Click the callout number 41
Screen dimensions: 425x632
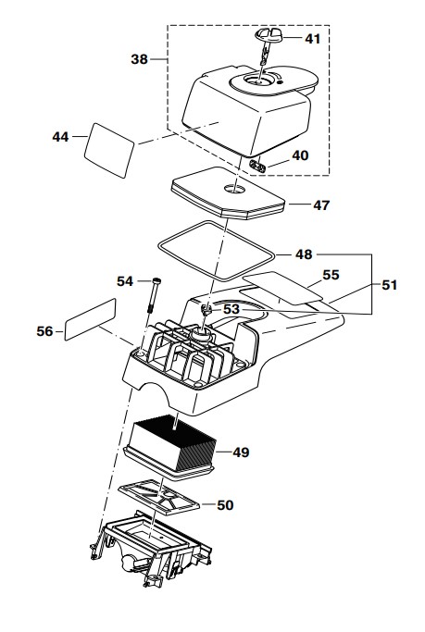(x=313, y=39)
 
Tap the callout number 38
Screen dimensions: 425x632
(x=140, y=59)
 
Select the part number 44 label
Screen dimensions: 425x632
(x=60, y=137)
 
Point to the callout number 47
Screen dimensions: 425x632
(x=321, y=205)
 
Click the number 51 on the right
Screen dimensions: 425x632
(x=390, y=285)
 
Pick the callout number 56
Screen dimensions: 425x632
(x=44, y=331)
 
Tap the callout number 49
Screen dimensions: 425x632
(x=241, y=452)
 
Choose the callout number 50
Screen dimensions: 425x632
(x=225, y=505)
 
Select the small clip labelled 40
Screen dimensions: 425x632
(x=256, y=166)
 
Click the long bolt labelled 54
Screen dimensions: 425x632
(x=156, y=294)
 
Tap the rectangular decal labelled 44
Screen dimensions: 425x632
(x=109, y=150)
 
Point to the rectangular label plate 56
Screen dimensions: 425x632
(x=91, y=319)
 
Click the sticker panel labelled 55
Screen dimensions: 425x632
(x=282, y=288)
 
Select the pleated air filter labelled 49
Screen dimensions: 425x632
(x=170, y=448)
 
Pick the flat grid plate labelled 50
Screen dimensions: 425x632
(x=159, y=499)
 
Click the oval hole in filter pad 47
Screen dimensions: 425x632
(x=234, y=188)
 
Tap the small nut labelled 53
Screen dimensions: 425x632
(x=206, y=310)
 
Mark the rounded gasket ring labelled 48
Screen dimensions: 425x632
(x=217, y=251)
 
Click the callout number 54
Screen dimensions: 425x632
(x=125, y=281)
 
